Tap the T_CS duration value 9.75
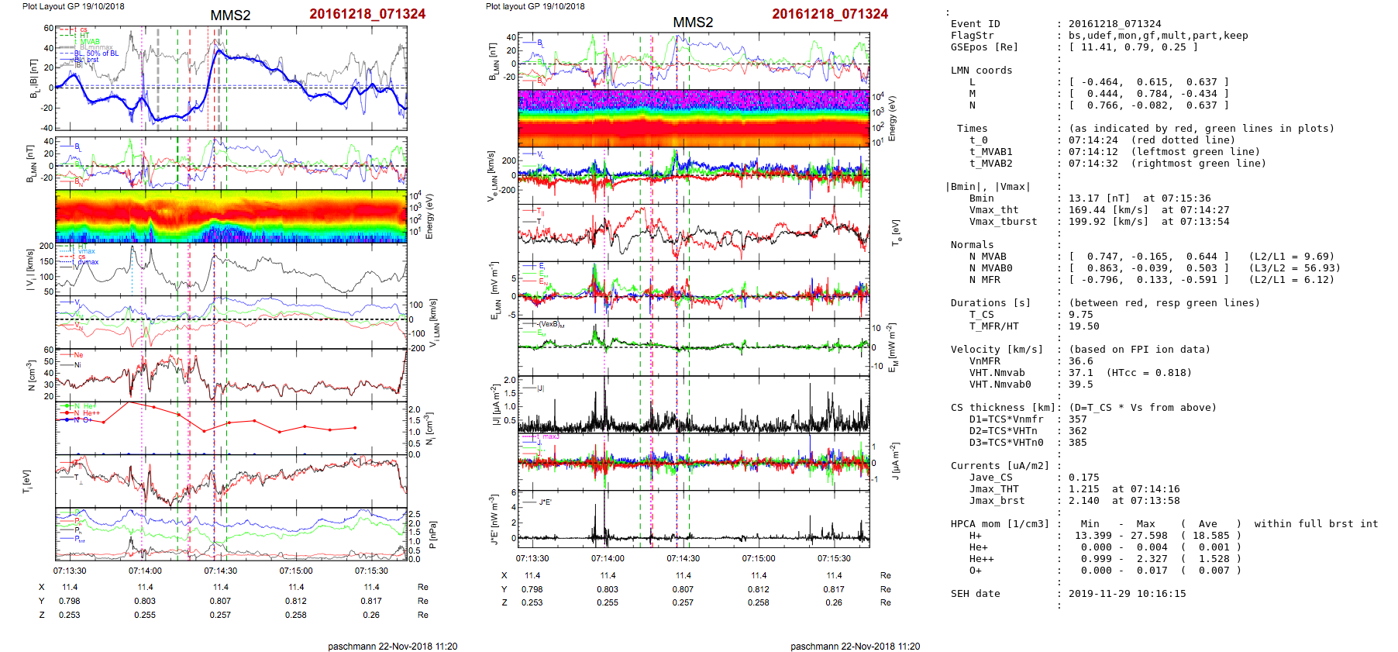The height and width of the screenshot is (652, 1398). (1080, 315)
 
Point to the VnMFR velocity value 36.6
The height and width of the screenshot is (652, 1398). (1080, 361)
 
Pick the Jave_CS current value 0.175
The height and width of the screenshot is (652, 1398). (1083, 478)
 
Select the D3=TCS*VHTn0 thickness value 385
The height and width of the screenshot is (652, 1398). (1077, 443)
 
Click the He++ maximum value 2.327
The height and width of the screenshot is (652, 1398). (1152, 559)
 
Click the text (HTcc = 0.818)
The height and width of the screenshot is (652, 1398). (1149, 373)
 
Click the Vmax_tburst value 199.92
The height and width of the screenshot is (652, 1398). (1086, 222)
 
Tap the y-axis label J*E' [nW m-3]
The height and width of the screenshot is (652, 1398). (494, 519)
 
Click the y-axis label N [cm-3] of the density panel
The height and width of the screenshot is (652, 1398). (31, 375)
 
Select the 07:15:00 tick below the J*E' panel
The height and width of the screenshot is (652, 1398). (758, 558)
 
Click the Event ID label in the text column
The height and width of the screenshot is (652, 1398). (975, 24)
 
